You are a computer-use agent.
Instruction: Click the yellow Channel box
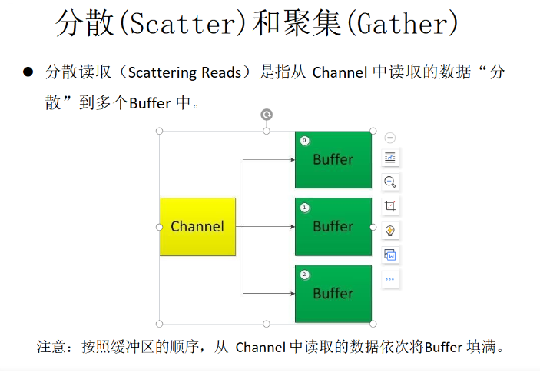click(x=197, y=227)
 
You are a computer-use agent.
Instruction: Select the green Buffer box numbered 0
click(x=333, y=160)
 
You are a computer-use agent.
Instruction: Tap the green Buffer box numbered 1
click(x=333, y=227)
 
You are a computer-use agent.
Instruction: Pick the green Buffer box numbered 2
click(x=333, y=294)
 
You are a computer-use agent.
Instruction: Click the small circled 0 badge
click(x=304, y=140)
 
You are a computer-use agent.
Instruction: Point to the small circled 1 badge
click(x=304, y=208)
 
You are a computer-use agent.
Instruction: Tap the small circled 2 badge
click(x=304, y=275)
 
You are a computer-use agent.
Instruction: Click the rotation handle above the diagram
click(x=267, y=115)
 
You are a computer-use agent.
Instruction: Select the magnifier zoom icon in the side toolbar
click(x=390, y=182)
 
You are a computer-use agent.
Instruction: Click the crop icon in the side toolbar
click(x=390, y=206)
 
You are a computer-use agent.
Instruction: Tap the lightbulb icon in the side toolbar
click(x=390, y=230)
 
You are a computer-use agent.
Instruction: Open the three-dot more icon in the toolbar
click(x=390, y=279)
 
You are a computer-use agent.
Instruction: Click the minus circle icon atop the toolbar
click(x=390, y=138)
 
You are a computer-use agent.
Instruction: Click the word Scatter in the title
click(x=183, y=24)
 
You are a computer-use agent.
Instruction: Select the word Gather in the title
click(x=403, y=24)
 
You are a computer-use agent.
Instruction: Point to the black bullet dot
click(x=28, y=72)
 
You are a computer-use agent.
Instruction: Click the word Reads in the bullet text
click(x=221, y=73)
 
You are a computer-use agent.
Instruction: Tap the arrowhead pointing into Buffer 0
click(x=293, y=160)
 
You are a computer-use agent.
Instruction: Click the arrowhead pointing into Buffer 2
click(x=293, y=294)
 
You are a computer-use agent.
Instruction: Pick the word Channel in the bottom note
click(x=260, y=348)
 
